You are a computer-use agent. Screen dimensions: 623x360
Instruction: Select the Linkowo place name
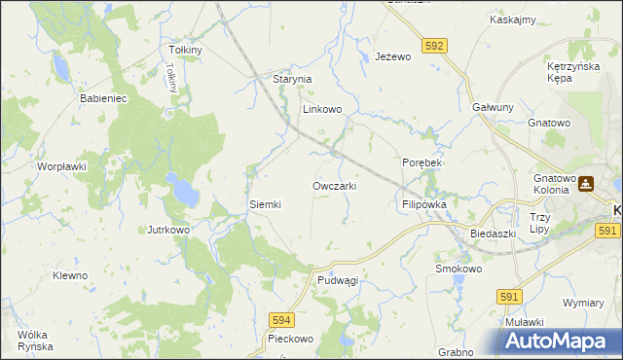pyautogui.click(x=322, y=110)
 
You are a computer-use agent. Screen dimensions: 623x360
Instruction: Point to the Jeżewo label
pyautogui.click(x=394, y=57)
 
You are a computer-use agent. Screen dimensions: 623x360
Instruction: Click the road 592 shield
pyautogui.click(x=435, y=45)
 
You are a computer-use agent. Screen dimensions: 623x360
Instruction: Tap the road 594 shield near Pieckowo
pyautogui.click(x=281, y=319)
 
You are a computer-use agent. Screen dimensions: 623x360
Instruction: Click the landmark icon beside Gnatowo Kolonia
pyautogui.click(x=587, y=184)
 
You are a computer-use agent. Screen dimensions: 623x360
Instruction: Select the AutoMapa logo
pyautogui.click(x=562, y=341)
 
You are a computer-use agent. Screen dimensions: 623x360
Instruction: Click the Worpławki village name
pyautogui.click(x=63, y=166)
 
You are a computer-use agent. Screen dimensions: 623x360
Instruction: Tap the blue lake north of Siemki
pyautogui.click(x=181, y=191)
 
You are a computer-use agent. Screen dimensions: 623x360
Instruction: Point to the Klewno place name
pyautogui.click(x=70, y=275)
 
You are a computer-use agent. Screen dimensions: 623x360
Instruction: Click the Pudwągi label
pyautogui.click(x=338, y=280)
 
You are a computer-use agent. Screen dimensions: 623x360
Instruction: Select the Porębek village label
pyautogui.click(x=421, y=162)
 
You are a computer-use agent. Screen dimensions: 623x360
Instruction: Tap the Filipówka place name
pyautogui.click(x=423, y=205)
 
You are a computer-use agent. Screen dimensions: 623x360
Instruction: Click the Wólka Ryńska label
pyautogui.click(x=35, y=341)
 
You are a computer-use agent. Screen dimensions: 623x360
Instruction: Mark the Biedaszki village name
pyautogui.click(x=492, y=234)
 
